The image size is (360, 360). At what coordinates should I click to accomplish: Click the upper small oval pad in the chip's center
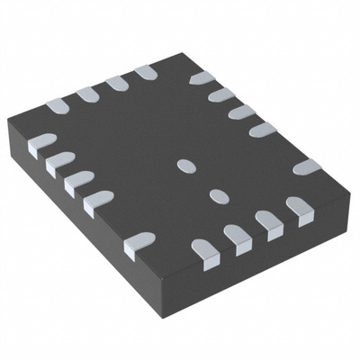(186, 166)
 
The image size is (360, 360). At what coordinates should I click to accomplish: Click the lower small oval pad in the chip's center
(217, 195)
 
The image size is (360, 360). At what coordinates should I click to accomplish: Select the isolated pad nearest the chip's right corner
(306, 167)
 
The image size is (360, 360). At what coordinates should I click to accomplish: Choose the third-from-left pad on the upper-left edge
(116, 83)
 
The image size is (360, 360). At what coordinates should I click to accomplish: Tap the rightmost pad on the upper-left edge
(145, 72)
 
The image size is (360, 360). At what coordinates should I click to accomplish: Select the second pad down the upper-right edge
(221, 94)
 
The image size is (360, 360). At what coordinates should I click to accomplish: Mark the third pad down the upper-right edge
(241, 112)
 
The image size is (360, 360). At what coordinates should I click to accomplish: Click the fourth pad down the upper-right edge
(262, 130)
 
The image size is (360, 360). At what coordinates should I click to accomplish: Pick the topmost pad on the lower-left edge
(42, 142)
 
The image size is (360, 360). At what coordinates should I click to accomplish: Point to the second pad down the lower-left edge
(59, 162)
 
